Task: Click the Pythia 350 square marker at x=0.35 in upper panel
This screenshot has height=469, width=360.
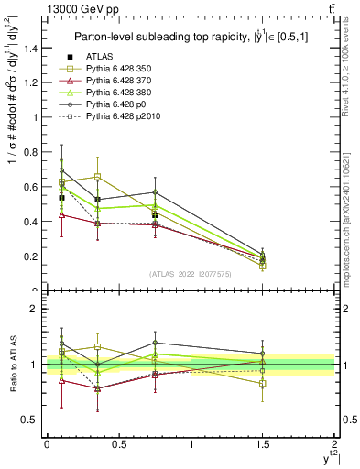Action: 97,176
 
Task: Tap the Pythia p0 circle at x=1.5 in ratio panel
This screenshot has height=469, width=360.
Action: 263,354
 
